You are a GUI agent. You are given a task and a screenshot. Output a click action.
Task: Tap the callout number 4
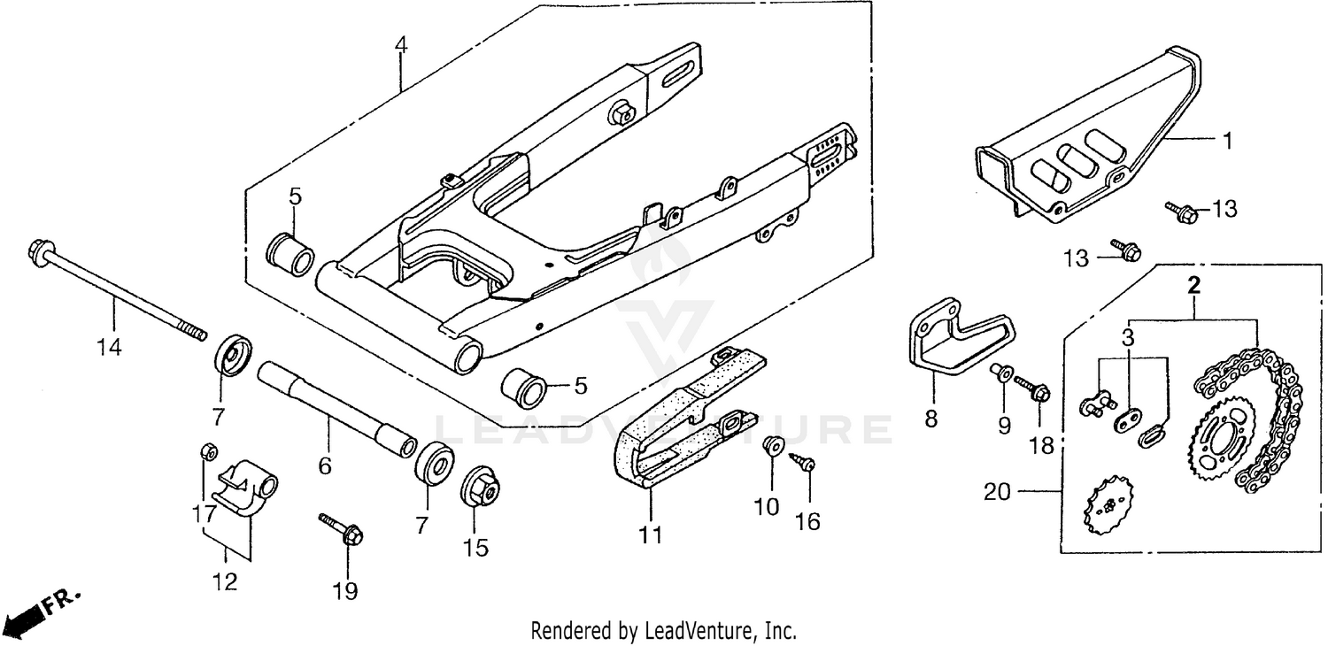pos(401,44)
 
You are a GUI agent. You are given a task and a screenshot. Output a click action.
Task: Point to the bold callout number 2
pos(1193,286)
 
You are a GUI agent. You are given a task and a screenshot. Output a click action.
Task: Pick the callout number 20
pos(998,492)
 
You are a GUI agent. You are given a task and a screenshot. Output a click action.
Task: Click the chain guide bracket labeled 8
pos(938,341)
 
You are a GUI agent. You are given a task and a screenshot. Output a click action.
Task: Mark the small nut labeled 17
pos(207,450)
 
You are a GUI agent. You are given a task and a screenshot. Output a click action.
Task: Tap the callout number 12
pos(225,581)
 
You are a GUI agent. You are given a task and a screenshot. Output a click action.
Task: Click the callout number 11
pos(651,534)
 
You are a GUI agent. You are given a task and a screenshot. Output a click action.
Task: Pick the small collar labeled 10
pos(772,444)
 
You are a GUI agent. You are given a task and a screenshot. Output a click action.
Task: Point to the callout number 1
pos(1227,139)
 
